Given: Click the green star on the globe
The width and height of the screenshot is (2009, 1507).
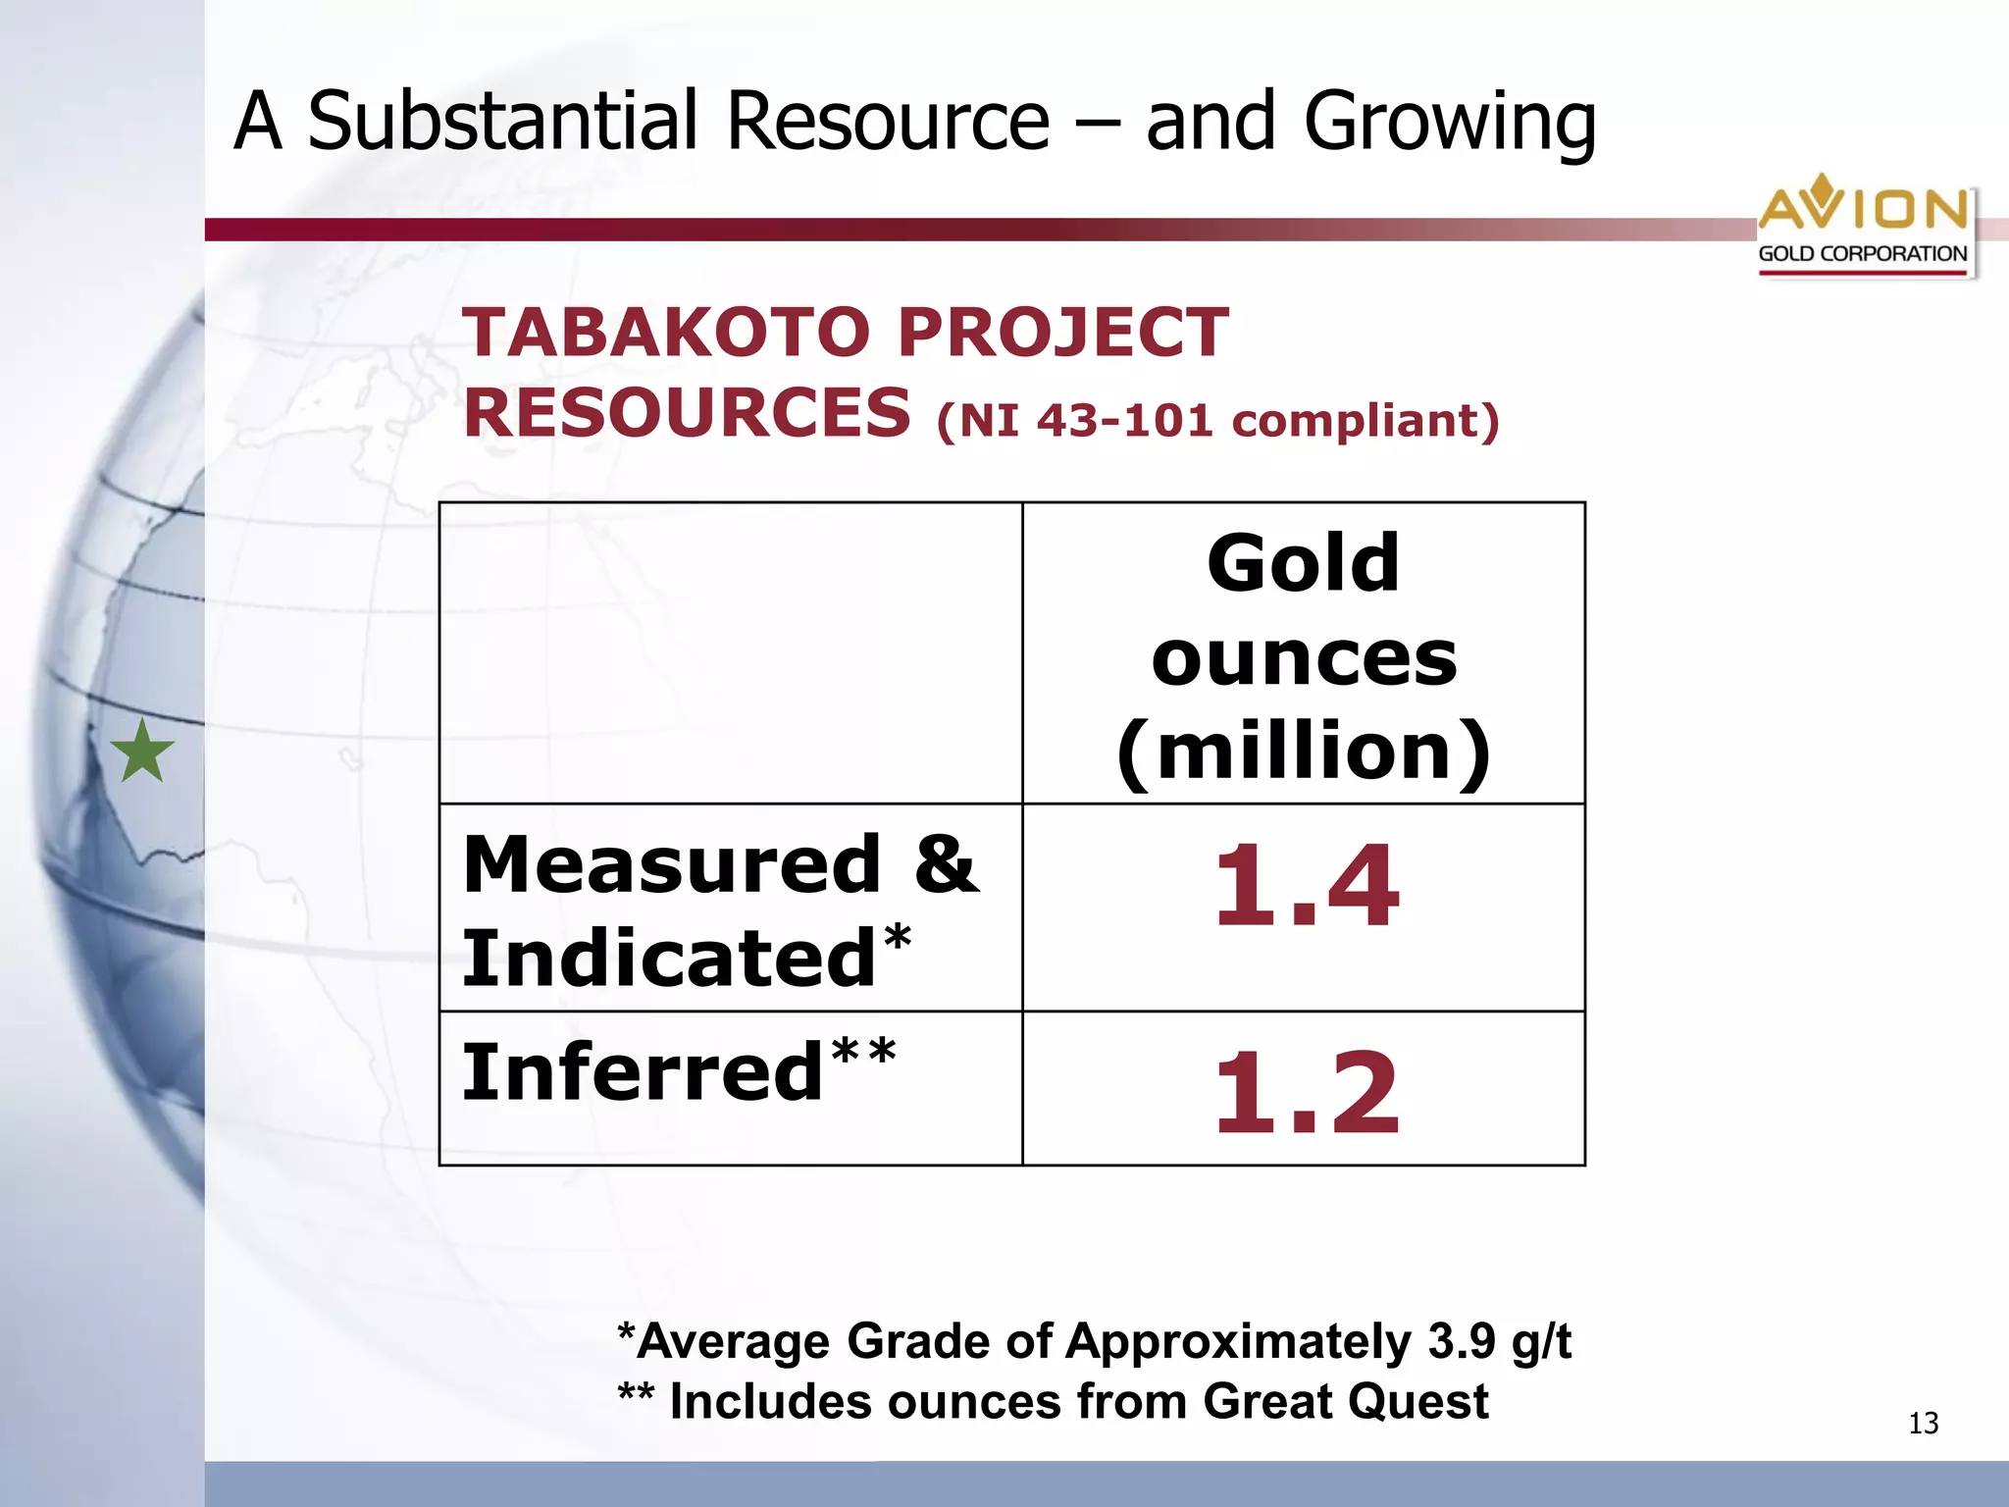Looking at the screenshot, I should click(143, 752).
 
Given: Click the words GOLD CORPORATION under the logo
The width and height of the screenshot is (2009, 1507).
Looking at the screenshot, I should click(1862, 253).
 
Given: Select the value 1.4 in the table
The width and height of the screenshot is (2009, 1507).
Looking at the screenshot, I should click(1306, 886).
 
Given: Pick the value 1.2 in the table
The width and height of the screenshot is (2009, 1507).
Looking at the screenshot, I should click(1306, 1092).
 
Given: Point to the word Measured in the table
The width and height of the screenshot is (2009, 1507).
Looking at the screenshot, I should click(672, 864).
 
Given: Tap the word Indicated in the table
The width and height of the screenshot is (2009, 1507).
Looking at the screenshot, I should click(669, 959).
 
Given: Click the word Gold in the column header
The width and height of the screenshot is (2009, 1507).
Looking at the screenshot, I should click(1303, 563).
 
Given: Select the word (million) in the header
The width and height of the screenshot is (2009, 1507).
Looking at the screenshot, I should click(1304, 752).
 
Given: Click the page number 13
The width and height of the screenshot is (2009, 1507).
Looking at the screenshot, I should click(1923, 1424).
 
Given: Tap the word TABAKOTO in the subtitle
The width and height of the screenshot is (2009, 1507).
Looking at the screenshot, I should click(666, 332).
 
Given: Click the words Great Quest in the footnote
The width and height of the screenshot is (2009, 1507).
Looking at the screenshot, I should click(1345, 1402).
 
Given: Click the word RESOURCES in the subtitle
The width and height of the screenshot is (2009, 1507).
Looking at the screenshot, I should click(687, 412).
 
